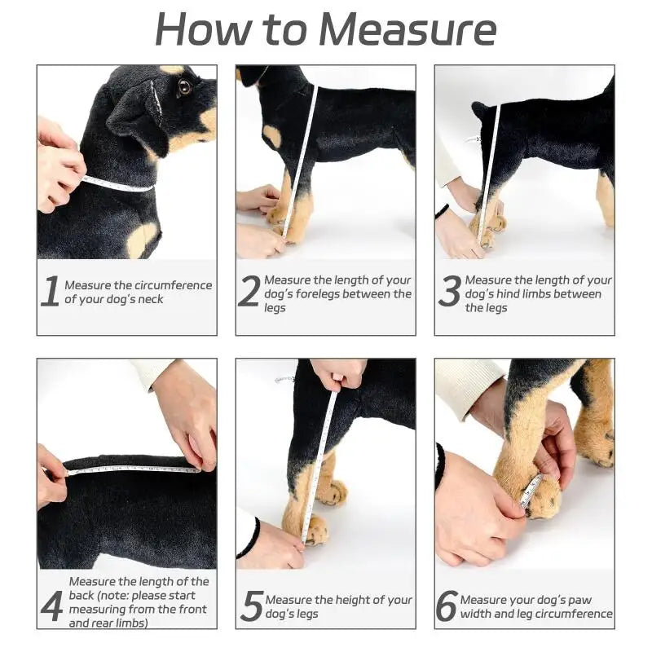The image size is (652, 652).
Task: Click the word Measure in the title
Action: (407, 29)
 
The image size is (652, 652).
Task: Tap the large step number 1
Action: (51, 292)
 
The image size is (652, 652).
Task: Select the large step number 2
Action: (249, 292)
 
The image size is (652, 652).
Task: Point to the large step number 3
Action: (449, 292)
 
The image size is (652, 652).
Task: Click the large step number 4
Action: (51, 606)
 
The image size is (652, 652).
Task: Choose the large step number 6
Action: (447, 606)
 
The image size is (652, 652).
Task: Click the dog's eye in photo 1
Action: (185, 87)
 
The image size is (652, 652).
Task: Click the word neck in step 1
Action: (148, 299)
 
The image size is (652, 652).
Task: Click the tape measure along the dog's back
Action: (130, 469)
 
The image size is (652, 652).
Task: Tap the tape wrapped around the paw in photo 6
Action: (531, 491)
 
